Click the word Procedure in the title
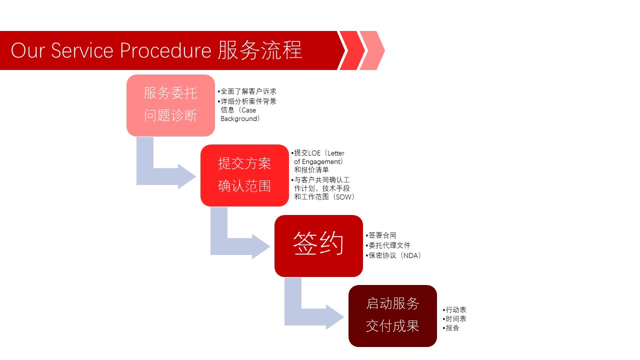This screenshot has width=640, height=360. (165, 50)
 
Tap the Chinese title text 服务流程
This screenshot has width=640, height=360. (260, 50)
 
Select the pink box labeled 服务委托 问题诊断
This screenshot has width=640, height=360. (170, 105)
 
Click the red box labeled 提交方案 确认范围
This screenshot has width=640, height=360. (244, 175)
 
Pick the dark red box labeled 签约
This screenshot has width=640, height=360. (318, 245)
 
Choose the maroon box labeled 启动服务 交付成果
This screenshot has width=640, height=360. (392, 315)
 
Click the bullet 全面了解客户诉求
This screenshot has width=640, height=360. (248, 91)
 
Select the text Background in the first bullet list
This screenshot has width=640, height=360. (240, 119)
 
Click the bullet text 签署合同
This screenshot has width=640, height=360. (382, 235)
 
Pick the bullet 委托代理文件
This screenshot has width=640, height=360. (389, 245)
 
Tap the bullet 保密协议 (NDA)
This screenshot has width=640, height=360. (395, 255)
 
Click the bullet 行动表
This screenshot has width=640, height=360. (456, 310)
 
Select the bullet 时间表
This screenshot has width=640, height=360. (456, 319)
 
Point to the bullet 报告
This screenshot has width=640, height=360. (452, 328)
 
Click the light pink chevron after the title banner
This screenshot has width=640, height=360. (373, 50)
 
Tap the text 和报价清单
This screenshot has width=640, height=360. (311, 170)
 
